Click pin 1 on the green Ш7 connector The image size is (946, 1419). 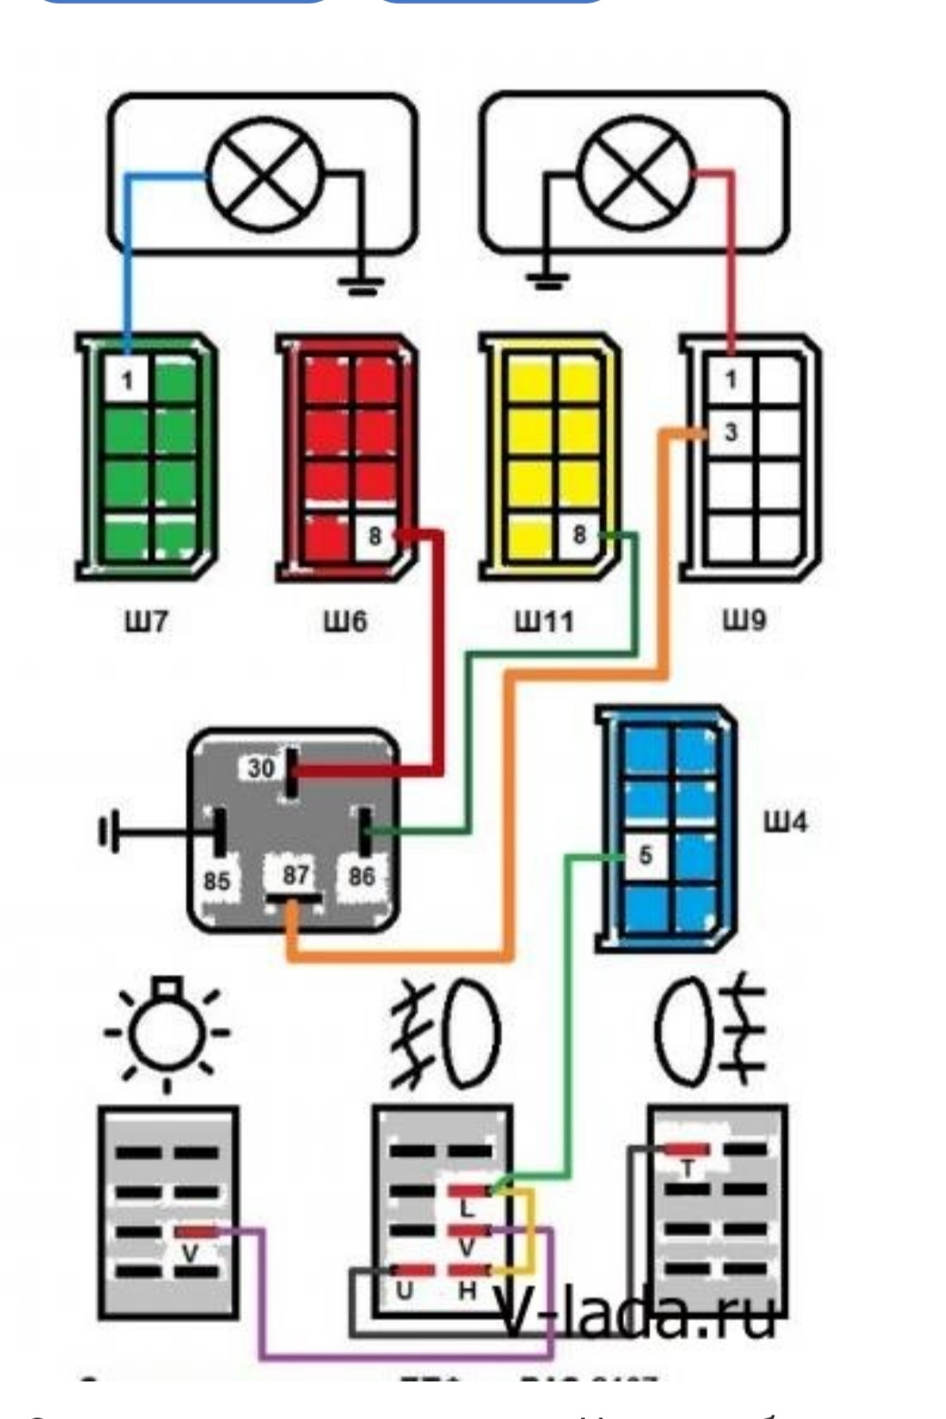[x=126, y=379]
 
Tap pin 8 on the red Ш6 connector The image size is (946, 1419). [x=375, y=537]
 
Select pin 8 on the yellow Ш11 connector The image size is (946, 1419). [x=579, y=535]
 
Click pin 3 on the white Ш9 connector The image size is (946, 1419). [x=731, y=433]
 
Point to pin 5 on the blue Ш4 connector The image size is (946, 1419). [x=645, y=855]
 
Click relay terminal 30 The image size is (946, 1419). [x=262, y=768]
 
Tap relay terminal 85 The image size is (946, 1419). [x=216, y=881]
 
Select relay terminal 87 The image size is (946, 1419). [x=295, y=876]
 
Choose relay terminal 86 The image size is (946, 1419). [x=361, y=877]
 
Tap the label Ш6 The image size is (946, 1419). [x=346, y=622]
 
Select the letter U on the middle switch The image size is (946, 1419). [x=403, y=1291]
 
